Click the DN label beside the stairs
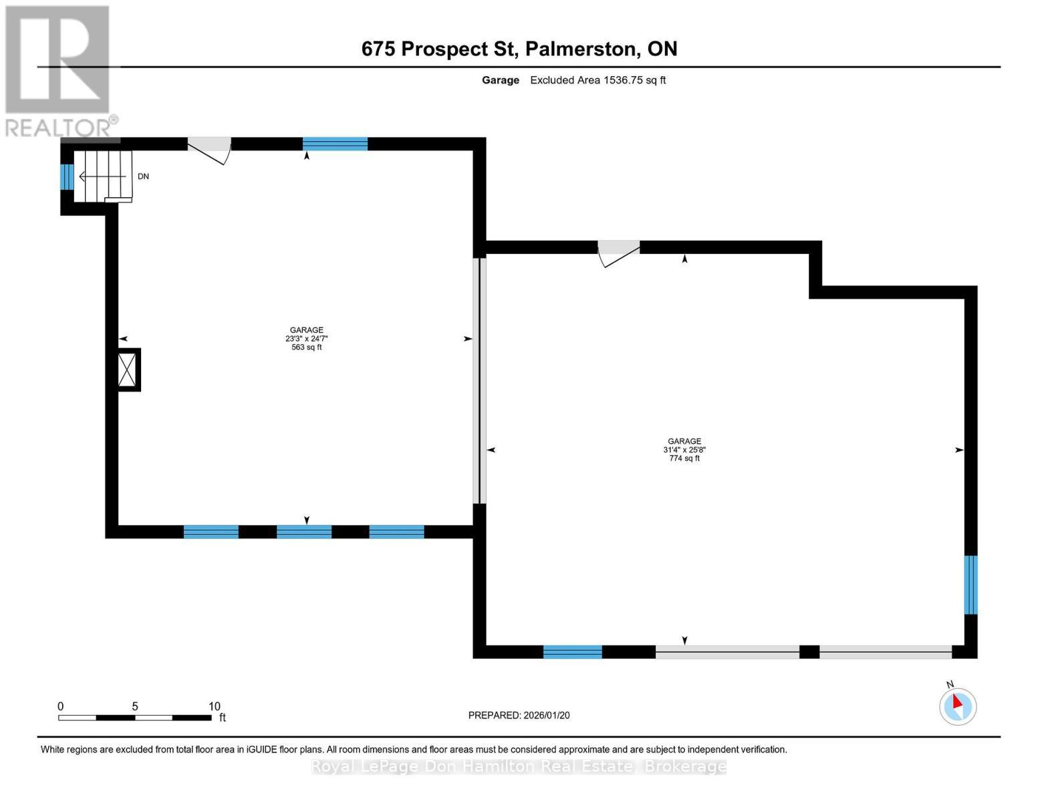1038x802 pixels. (x=143, y=176)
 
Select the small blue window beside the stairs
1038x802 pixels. (x=67, y=176)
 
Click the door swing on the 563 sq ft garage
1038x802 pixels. (x=209, y=150)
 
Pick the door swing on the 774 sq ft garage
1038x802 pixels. (x=619, y=254)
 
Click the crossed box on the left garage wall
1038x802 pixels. (x=128, y=370)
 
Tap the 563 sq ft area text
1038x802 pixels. (x=306, y=348)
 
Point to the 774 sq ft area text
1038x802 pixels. (x=684, y=458)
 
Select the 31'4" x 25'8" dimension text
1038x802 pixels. (x=684, y=450)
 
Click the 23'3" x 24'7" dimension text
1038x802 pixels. (x=306, y=339)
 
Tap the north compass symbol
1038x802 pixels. (x=957, y=706)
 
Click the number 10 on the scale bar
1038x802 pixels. (x=215, y=706)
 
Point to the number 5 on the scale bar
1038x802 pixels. (x=135, y=706)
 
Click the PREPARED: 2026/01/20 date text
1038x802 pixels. (x=519, y=716)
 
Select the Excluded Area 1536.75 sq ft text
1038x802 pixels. (x=598, y=80)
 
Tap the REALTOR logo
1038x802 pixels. (x=60, y=72)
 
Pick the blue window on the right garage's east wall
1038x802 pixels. (x=970, y=585)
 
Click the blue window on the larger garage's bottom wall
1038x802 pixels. (x=572, y=652)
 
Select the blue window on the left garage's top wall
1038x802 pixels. (x=335, y=144)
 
